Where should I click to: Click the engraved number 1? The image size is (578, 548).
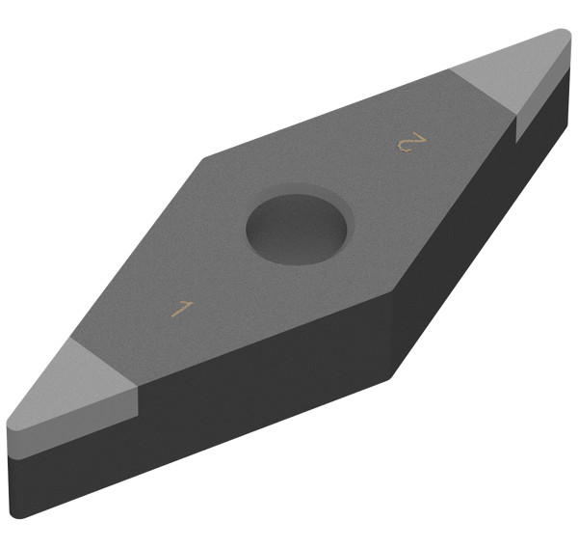(x=183, y=309)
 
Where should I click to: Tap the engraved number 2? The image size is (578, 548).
(x=411, y=142)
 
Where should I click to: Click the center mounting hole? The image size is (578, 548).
(x=297, y=229)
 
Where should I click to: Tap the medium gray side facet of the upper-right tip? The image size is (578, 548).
(x=541, y=96)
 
